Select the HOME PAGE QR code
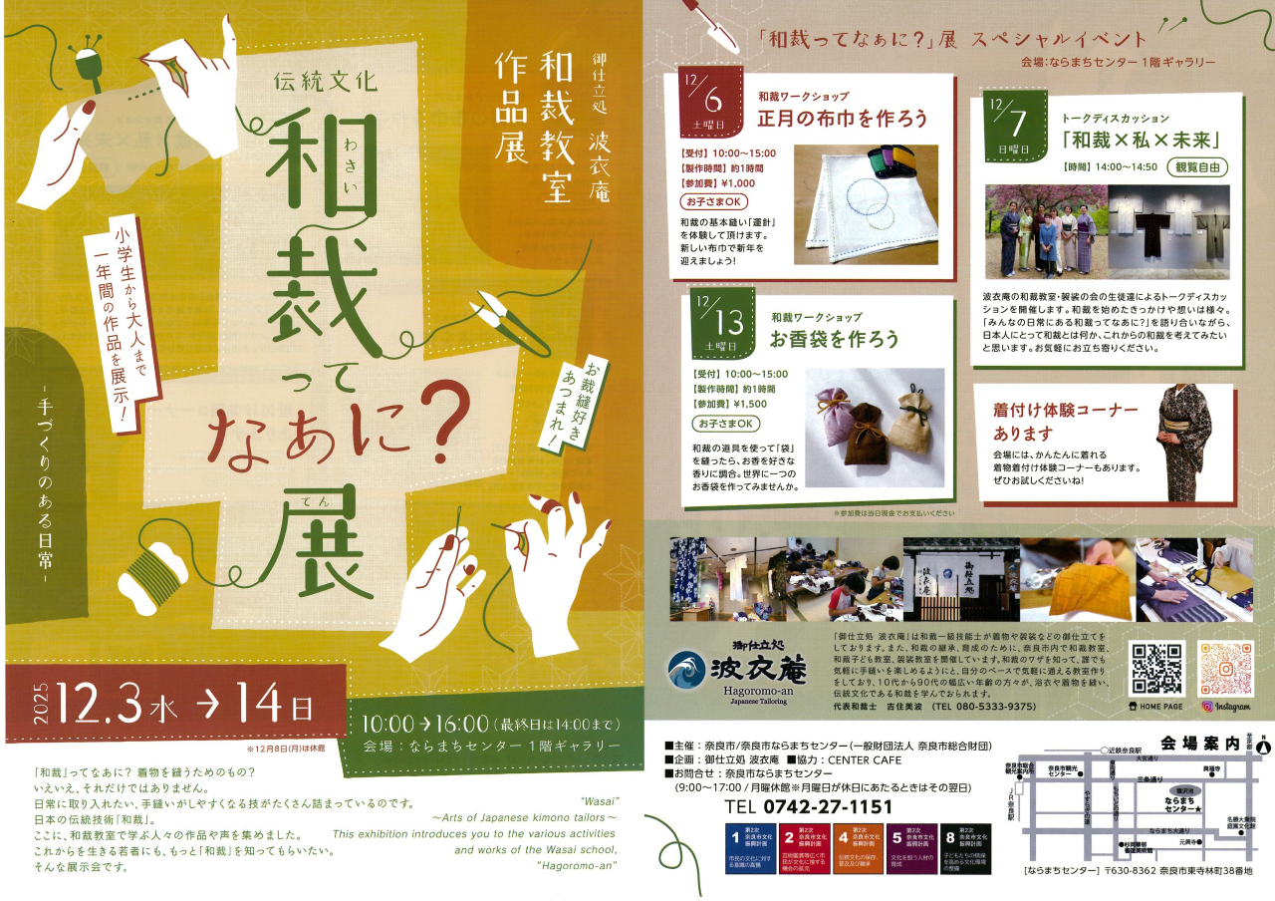[x=1156, y=670]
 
